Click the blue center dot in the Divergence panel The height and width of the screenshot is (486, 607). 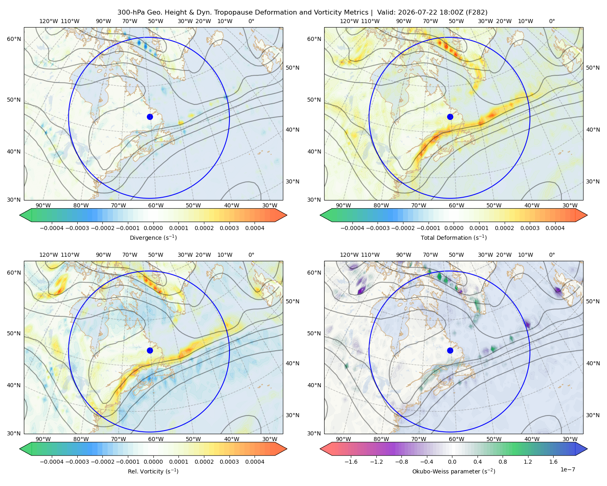(150, 117)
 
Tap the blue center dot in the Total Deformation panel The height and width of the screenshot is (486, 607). (450, 117)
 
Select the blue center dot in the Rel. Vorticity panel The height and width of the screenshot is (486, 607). (150, 350)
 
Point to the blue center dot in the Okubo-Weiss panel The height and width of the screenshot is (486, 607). (450, 350)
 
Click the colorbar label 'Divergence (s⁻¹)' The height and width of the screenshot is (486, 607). (153, 237)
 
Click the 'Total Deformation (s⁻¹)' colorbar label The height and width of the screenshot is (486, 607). (454, 237)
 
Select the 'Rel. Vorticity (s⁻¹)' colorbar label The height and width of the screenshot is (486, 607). (153, 471)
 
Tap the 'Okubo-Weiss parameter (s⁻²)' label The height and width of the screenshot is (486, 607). (454, 471)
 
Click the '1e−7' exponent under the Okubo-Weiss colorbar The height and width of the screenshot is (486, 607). (567, 469)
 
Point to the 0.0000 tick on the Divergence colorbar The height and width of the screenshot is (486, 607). (153, 228)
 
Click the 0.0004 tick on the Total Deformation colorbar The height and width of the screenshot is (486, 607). (555, 228)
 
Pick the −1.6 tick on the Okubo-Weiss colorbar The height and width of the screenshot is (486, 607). (351, 461)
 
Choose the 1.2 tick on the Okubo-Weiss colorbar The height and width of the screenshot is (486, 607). (528, 461)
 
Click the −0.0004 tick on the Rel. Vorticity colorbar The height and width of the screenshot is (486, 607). (52, 461)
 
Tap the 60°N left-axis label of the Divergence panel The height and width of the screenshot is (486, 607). (14, 39)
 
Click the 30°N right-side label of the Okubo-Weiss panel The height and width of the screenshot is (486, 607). (593, 415)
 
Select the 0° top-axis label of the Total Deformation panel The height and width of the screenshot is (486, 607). (552, 21)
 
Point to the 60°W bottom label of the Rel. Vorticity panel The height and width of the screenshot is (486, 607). (156, 439)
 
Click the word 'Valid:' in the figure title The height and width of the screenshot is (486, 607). (386, 13)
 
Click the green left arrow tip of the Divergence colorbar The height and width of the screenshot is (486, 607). (20, 215)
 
